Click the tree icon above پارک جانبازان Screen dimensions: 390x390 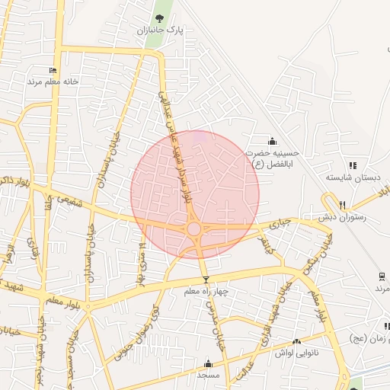click(x=159, y=18)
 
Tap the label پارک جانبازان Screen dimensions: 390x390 click(x=161, y=31)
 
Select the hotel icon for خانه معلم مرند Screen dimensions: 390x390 click(x=53, y=70)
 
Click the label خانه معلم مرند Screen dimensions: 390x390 click(x=44, y=81)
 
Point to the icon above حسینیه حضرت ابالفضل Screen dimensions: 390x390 click(x=273, y=141)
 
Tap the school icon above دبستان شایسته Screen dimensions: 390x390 click(x=352, y=165)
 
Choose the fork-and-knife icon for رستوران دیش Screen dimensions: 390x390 click(x=343, y=205)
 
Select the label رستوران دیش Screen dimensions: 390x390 click(x=344, y=217)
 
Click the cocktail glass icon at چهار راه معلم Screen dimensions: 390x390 click(x=205, y=280)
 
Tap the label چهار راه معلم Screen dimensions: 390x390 click(x=203, y=292)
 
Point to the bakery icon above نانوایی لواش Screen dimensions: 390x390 click(x=296, y=342)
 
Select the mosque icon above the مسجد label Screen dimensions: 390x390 click(x=207, y=363)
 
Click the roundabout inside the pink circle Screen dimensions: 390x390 click(x=194, y=229)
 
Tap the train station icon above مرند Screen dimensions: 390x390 click(x=381, y=276)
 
